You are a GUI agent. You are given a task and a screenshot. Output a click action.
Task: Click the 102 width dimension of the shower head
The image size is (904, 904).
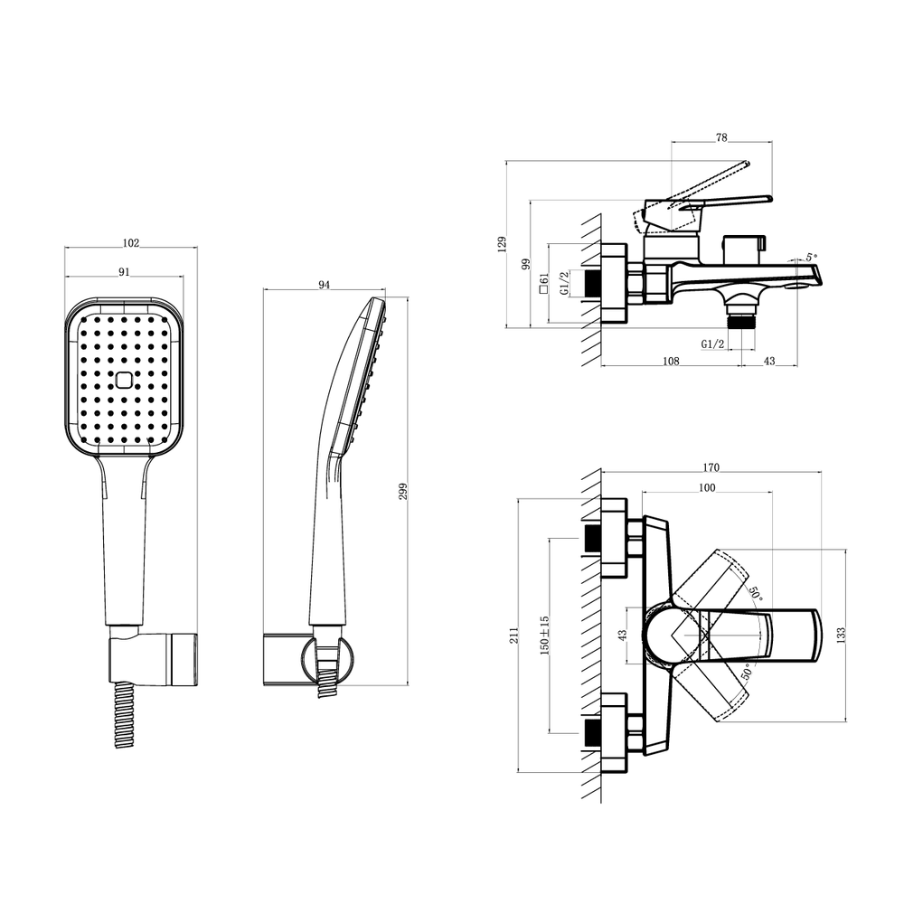click(x=131, y=242)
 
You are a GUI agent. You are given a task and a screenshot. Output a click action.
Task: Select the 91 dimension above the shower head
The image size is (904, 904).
click(x=124, y=272)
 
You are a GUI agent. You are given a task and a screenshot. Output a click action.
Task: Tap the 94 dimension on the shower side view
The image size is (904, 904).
click(x=324, y=285)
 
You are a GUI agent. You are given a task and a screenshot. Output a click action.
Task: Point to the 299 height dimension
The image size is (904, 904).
click(x=403, y=491)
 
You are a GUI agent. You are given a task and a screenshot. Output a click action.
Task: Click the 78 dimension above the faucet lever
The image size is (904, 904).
click(x=721, y=137)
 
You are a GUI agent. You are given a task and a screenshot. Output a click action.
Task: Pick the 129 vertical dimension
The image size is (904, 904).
click(x=502, y=244)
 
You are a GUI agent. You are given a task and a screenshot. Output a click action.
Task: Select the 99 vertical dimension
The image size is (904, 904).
click(x=526, y=265)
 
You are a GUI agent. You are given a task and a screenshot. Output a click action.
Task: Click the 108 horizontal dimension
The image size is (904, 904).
click(x=671, y=361)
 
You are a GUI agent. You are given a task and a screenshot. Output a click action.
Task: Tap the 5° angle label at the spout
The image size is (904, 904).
click(x=812, y=257)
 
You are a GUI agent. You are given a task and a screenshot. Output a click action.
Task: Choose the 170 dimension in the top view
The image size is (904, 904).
click(x=711, y=467)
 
